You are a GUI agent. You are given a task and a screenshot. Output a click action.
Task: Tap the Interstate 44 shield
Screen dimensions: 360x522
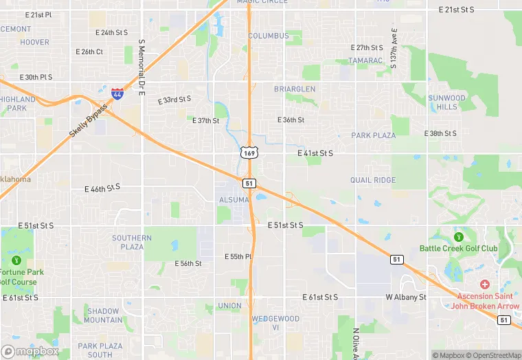coord(118,93)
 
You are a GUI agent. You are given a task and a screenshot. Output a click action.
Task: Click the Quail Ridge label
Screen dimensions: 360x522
coord(373,180)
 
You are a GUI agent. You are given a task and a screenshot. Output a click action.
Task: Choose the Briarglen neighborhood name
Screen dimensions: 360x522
coord(295,89)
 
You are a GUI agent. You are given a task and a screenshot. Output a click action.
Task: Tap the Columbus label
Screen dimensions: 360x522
coord(269,36)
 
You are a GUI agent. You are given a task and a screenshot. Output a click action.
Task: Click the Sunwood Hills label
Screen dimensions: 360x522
coord(446,102)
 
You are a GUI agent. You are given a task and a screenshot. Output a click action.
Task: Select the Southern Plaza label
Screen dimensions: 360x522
coord(132,243)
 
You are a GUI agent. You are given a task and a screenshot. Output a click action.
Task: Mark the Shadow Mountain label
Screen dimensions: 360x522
coord(104,315)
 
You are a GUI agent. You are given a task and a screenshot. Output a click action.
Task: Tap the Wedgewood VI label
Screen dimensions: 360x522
coord(275,323)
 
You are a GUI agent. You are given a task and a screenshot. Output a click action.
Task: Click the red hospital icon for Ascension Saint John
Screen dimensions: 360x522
coord(485,284)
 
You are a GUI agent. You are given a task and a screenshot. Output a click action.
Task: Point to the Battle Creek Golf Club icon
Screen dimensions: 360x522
coord(458,237)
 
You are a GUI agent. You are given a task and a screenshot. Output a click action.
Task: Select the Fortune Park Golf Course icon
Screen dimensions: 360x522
coord(15,260)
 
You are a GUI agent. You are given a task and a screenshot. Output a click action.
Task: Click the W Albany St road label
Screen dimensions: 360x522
coord(406,297)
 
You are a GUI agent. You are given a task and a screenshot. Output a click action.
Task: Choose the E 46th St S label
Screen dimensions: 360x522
coord(102,188)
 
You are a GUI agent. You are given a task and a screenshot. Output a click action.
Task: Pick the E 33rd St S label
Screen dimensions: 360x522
coord(174,100)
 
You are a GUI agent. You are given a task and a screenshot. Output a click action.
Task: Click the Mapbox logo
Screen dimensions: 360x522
coord(30,351)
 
